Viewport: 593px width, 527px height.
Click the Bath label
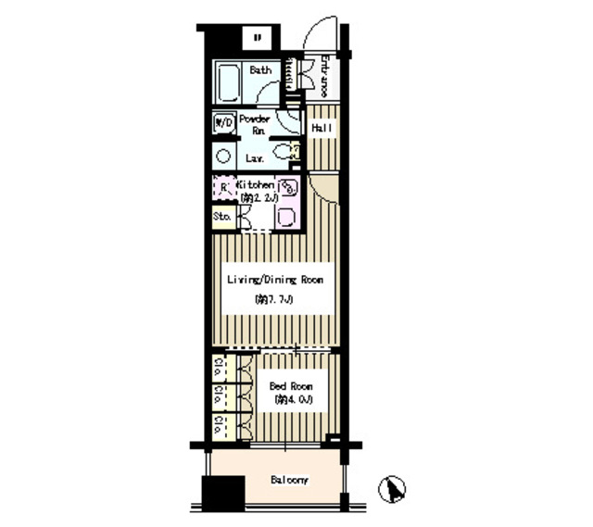260,70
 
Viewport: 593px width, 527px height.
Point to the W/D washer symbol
223,121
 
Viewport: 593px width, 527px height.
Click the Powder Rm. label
255,125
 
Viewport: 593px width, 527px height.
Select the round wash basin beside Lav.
223,155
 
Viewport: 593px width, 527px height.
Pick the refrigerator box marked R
223,187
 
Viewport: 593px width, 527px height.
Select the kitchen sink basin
286,217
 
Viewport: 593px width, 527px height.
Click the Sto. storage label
222,217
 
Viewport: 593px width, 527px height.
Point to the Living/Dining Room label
275,279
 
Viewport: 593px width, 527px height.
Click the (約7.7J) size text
274,299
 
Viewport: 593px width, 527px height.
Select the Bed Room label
291,385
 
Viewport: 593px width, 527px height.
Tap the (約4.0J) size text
293,399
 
